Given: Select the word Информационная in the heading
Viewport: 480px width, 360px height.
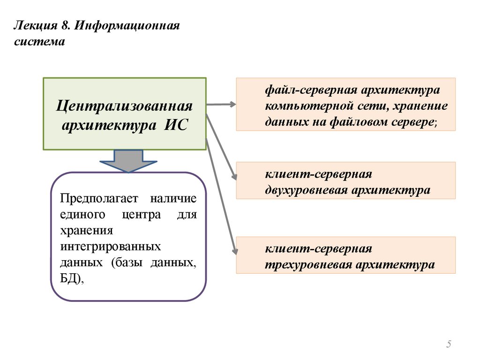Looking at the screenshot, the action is [x=126, y=25].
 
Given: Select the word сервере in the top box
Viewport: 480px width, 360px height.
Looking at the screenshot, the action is [x=413, y=122].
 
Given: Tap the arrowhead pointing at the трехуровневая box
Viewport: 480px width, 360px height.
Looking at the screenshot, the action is [x=234, y=251].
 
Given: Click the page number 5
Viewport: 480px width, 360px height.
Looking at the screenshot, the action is [x=449, y=345].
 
